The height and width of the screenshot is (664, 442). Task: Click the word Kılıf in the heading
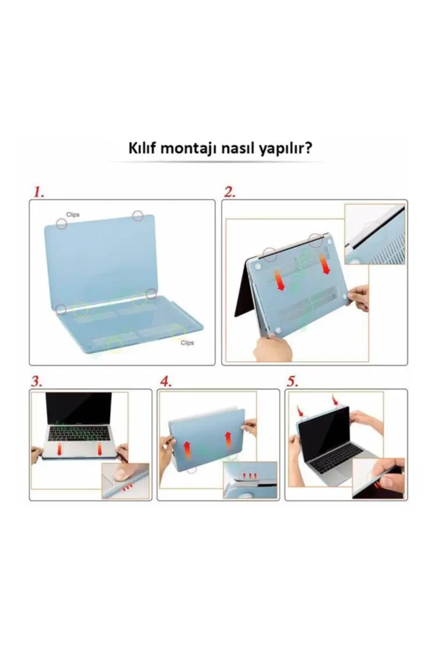[141, 149]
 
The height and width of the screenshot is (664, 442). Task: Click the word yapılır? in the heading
[286, 150]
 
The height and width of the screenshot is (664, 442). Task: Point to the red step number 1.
[38, 192]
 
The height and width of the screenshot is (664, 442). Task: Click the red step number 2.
[230, 192]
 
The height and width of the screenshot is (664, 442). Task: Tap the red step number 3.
[37, 381]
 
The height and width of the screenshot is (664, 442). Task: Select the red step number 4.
[166, 381]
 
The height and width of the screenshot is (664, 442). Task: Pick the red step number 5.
[293, 381]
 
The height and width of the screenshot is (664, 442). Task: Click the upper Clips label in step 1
[73, 215]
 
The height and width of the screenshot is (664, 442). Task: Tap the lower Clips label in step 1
[187, 342]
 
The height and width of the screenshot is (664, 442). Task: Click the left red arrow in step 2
[280, 278]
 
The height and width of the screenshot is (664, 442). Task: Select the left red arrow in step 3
[59, 450]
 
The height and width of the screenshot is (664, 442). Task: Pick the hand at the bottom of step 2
[272, 348]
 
